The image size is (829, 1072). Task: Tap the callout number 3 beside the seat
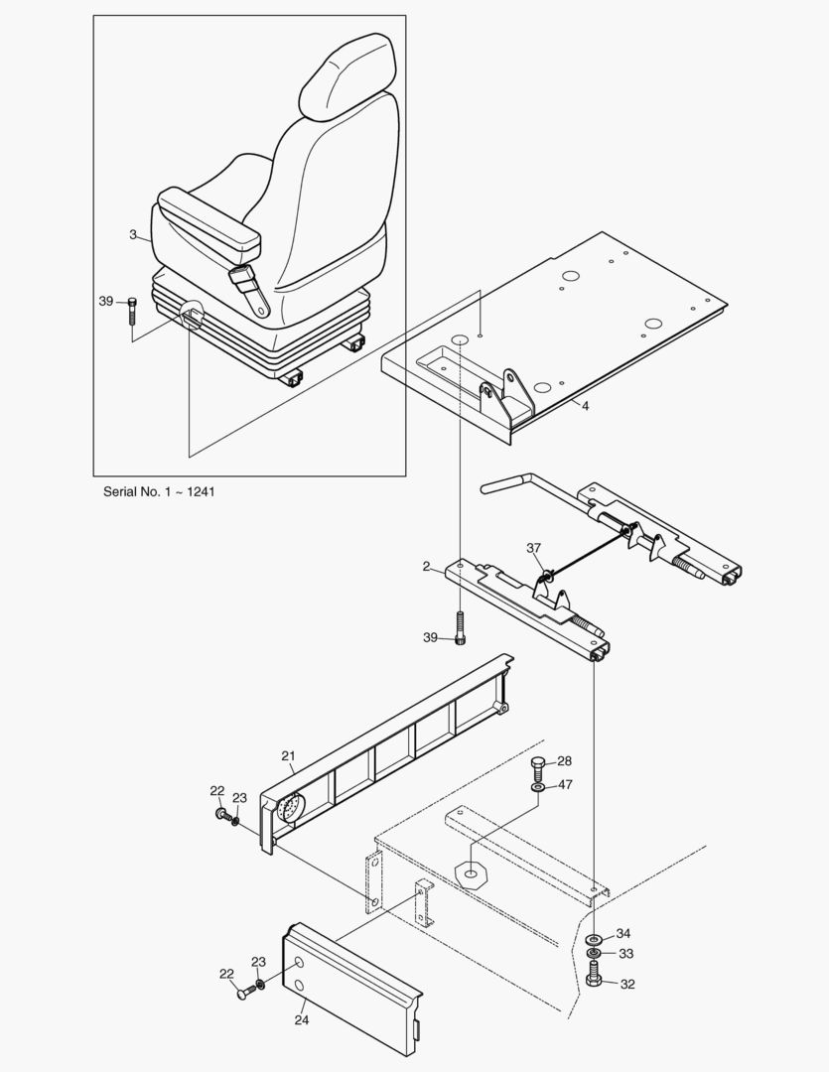click(x=133, y=234)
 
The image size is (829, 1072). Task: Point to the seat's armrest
click(x=209, y=219)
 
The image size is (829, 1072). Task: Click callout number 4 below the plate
click(x=585, y=406)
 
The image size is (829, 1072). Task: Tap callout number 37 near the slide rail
click(x=534, y=548)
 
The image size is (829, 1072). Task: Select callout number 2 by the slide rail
click(x=426, y=567)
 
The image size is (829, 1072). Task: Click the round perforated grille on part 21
click(x=289, y=811)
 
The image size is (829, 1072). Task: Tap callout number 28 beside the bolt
click(x=564, y=760)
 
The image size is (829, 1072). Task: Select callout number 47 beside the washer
click(x=565, y=784)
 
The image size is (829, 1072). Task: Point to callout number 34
click(x=623, y=933)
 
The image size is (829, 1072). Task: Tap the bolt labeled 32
click(x=595, y=981)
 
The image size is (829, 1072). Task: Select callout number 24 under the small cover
click(x=302, y=1018)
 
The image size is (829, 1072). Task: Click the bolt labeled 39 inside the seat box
click(x=132, y=312)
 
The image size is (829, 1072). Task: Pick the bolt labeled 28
click(x=538, y=767)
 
